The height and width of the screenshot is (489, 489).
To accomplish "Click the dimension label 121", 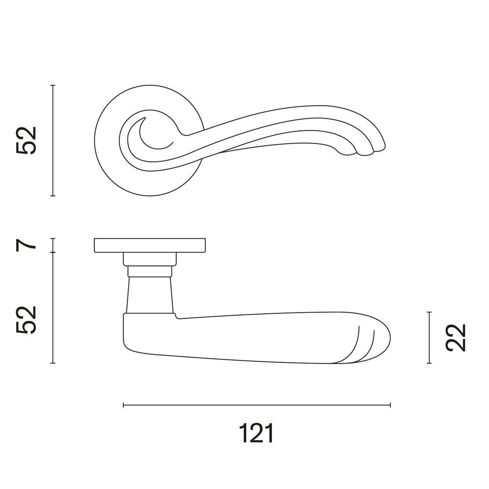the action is [x=256, y=433].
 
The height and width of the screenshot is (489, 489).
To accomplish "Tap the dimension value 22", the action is [x=455, y=338].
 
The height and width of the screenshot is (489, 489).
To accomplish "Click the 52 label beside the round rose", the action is [x=26, y=140].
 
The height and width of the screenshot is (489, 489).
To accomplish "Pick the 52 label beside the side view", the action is [x=26, y=320].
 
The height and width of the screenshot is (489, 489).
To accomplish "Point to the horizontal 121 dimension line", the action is [x=257, y=405].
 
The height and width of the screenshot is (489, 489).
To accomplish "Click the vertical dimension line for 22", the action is [x=430, y=338].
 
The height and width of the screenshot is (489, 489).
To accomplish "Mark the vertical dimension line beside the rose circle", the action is [x=53, y=140].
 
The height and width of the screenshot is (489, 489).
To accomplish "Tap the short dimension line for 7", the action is [x=53, y=245].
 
